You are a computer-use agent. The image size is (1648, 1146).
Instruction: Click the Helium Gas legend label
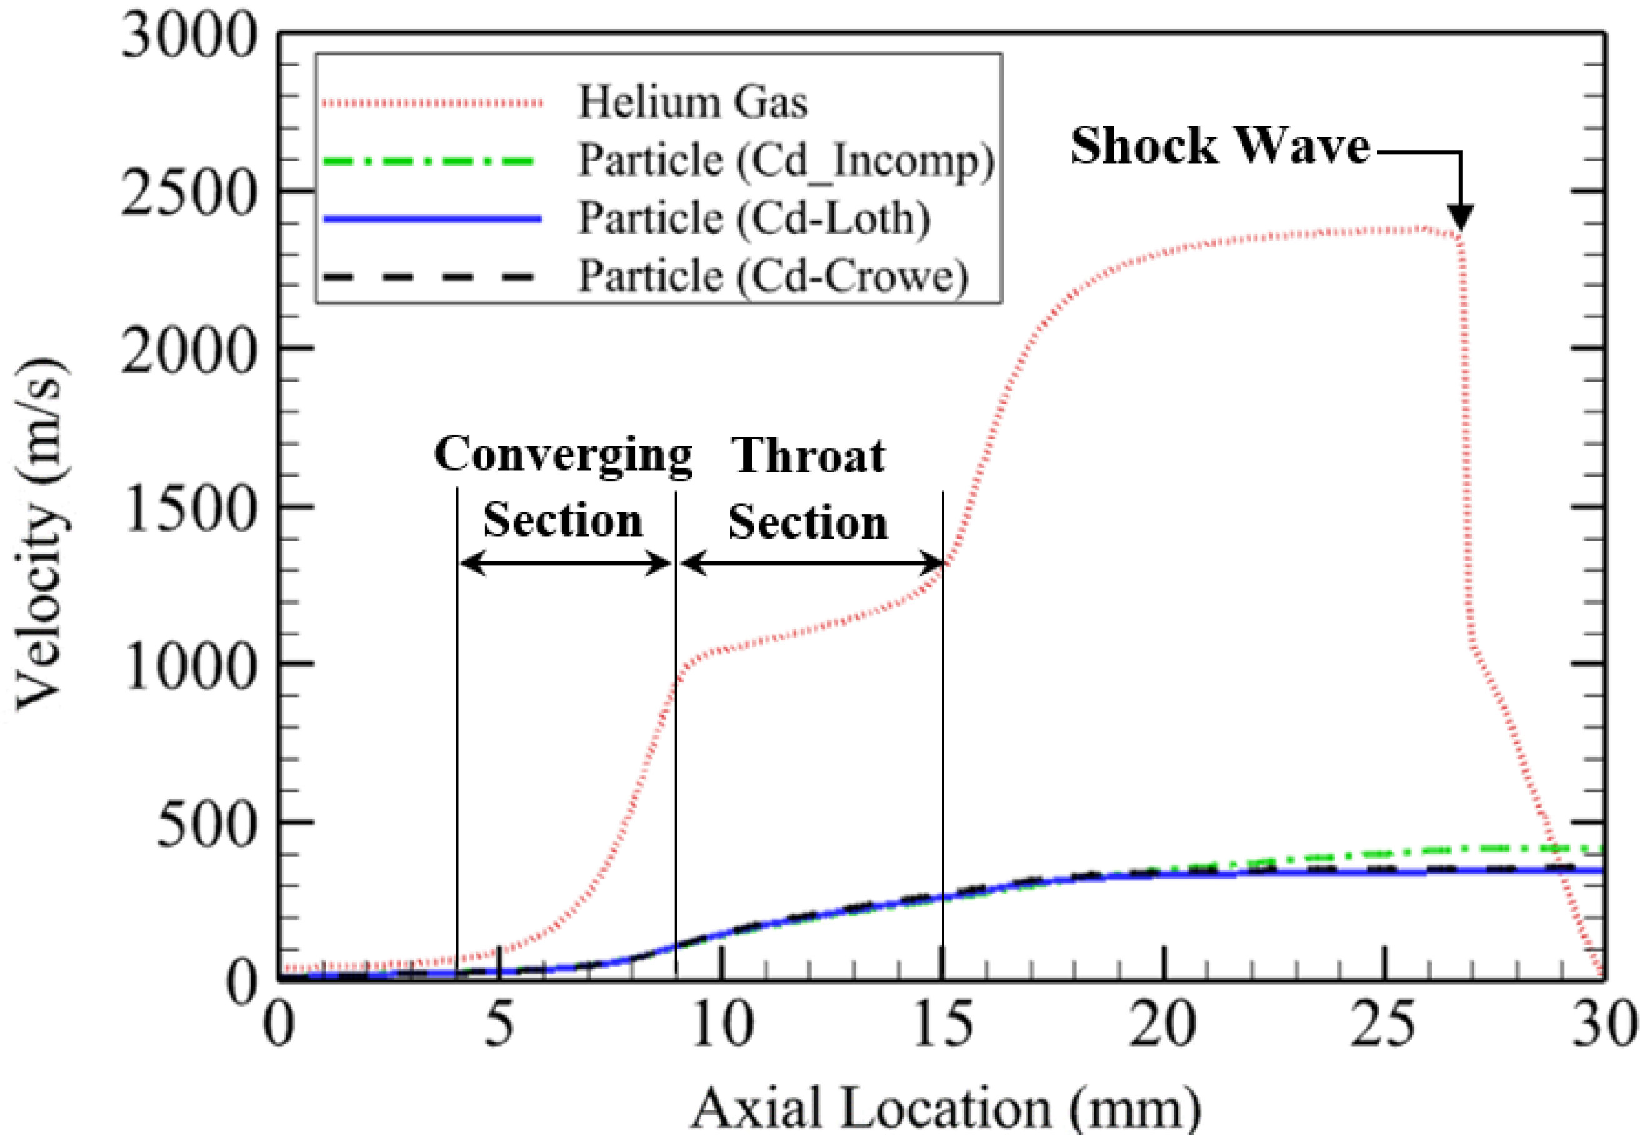[692, 102]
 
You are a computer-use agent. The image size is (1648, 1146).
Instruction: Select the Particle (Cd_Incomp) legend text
[786, 160]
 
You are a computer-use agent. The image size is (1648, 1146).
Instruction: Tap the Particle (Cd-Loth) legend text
[754, 217]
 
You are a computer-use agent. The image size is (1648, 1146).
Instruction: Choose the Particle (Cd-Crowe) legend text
[773, 276]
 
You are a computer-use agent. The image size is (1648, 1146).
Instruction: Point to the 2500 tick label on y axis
[188, 191]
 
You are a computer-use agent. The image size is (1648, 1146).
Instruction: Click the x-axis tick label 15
[942, 1025]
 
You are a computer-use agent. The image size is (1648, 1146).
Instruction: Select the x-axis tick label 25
[1383, 1025]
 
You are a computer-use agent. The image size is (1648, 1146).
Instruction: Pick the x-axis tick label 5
[499, 1025]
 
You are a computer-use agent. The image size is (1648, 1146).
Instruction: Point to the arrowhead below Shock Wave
[1460, 218]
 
